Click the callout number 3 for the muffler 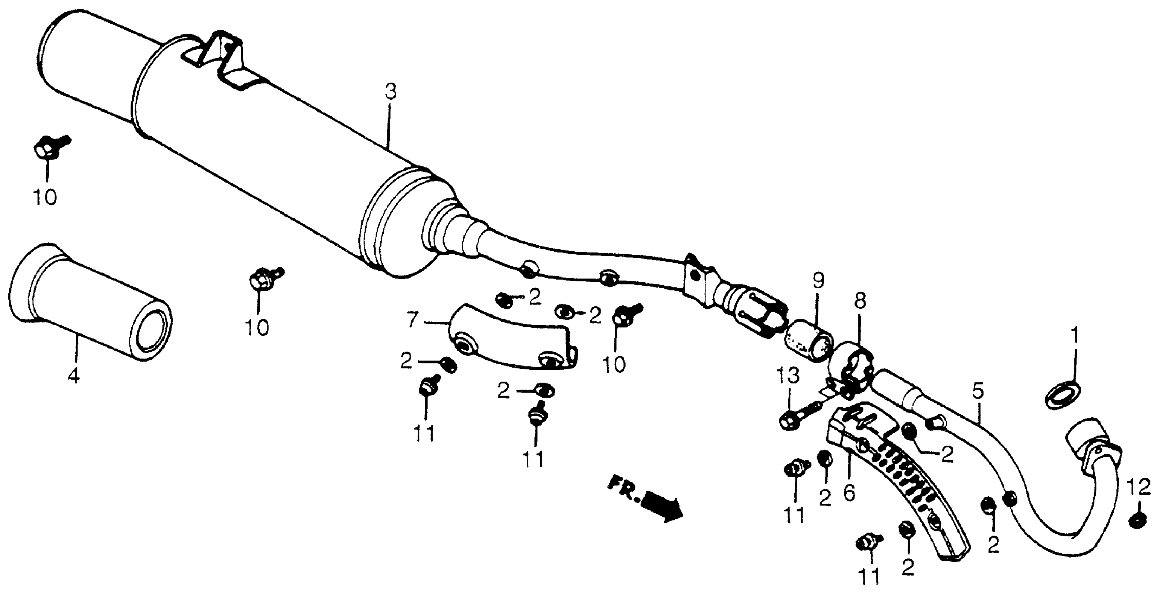point(390,93)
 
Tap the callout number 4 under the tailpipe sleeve point(74,376)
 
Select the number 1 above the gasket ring point(1074,337)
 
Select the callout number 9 point(818,281)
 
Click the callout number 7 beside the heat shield point(411,321)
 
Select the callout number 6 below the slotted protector point(849,492)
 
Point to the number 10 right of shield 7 point(614,364)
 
